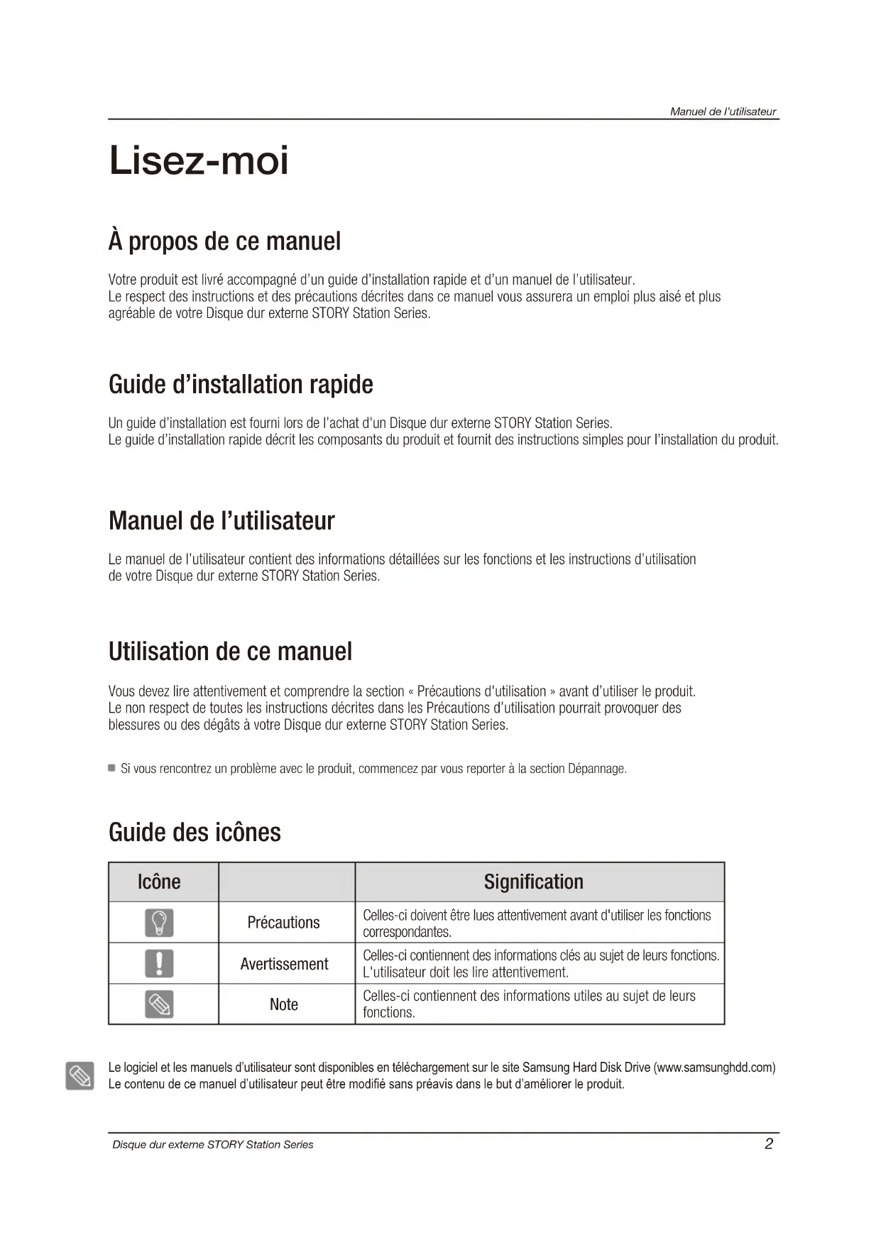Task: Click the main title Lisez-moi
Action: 199,160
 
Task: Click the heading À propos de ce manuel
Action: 224,241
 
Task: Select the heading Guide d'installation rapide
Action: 241,385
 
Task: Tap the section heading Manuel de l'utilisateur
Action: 221,521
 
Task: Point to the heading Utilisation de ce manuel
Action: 230,652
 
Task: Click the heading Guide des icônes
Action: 195,833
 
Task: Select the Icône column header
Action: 159,882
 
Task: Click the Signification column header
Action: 534,882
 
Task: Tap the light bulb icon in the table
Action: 159,923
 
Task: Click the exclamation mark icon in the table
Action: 159,963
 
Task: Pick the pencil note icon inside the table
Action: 159,1004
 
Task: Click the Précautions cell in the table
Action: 283,923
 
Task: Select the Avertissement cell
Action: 284,964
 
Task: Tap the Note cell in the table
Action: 284,1004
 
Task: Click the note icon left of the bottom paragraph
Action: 79,1076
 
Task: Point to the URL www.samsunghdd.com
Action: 714,1068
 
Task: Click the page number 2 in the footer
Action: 769,1143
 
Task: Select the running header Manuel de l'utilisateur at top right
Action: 723,111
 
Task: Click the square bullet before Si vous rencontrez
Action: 111,768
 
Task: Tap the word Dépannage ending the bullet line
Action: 597,769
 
